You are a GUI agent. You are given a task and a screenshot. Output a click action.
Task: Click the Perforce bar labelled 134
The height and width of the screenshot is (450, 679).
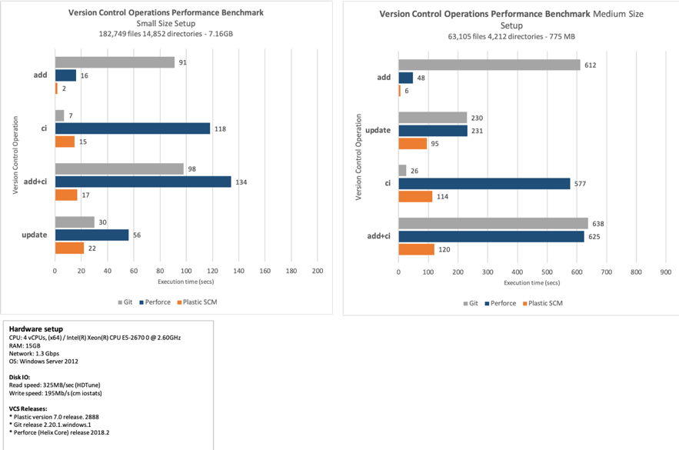pos(142,182)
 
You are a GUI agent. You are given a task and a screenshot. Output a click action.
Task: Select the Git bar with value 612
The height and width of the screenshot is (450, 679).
pos(489,65)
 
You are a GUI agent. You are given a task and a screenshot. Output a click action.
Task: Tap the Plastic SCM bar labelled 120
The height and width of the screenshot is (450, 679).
pos(416,249)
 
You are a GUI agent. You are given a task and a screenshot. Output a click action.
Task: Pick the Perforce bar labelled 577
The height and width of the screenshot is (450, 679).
pos(484,183)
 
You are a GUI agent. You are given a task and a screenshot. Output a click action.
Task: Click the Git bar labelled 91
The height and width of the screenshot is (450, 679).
pos(115,62)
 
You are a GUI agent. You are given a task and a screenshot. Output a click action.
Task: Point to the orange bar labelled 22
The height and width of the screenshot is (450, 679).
pos(69,248)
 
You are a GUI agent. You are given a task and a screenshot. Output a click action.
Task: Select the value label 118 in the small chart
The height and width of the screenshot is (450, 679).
pos(219,128)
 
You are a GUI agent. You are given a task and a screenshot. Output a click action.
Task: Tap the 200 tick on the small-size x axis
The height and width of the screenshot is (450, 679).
pos(317,272)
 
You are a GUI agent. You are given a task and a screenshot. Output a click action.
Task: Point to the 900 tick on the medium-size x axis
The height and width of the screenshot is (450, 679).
pos(666,272)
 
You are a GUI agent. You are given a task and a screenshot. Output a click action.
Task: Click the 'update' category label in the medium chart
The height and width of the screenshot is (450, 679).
pos(378,130)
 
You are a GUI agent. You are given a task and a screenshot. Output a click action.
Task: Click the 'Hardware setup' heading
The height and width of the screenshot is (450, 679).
pos(30,328)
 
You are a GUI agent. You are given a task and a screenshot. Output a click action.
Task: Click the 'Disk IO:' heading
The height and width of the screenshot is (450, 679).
pos(21,376)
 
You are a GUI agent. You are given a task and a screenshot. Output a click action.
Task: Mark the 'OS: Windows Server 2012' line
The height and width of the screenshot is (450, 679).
pos(44,360)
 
